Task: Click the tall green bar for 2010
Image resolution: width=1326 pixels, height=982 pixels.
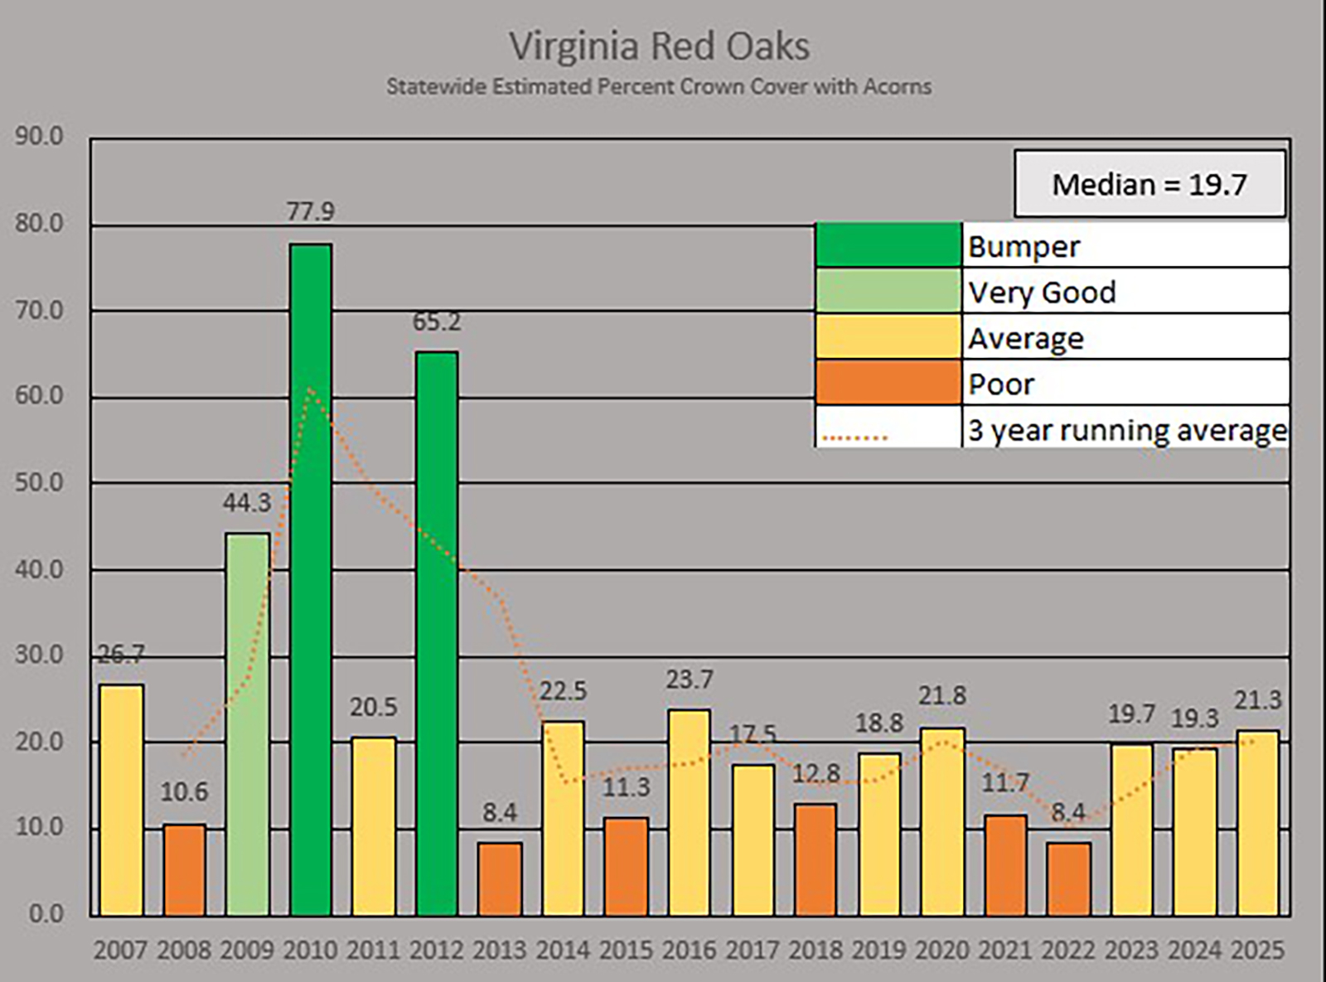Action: pos(311,580)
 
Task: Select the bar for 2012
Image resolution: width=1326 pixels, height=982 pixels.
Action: pos(437,634)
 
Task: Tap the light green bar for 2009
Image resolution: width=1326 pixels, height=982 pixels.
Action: pos(248,725)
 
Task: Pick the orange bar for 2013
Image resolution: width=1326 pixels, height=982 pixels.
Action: pos(500,879)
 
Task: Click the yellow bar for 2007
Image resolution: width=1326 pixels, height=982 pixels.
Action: pos(121,800)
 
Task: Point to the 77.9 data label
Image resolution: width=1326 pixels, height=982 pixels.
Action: pos(311,212)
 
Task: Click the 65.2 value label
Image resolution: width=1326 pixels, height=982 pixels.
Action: pos(437,322)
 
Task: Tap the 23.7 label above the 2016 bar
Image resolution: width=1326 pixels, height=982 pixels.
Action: pos(689,680)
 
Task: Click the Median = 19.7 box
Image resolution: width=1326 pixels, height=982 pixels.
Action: pos(1149,184)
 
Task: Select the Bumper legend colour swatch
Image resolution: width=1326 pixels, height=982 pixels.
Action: pos(888,245)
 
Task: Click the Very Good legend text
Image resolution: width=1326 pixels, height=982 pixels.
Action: pos(1042,292)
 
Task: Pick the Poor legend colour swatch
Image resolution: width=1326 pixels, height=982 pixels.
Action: pos(888,383)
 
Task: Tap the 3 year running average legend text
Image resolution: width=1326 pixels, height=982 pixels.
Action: pos(1127,430)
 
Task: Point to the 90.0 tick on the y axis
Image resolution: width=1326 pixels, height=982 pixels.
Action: pos(38,137)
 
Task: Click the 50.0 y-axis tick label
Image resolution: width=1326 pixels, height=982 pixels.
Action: pos(38,482)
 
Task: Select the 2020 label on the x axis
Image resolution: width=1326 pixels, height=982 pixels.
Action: pos(941,950)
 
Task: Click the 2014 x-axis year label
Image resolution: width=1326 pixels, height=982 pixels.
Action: pos(563,950)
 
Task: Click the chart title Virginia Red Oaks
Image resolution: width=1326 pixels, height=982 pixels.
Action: pos(660,46)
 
